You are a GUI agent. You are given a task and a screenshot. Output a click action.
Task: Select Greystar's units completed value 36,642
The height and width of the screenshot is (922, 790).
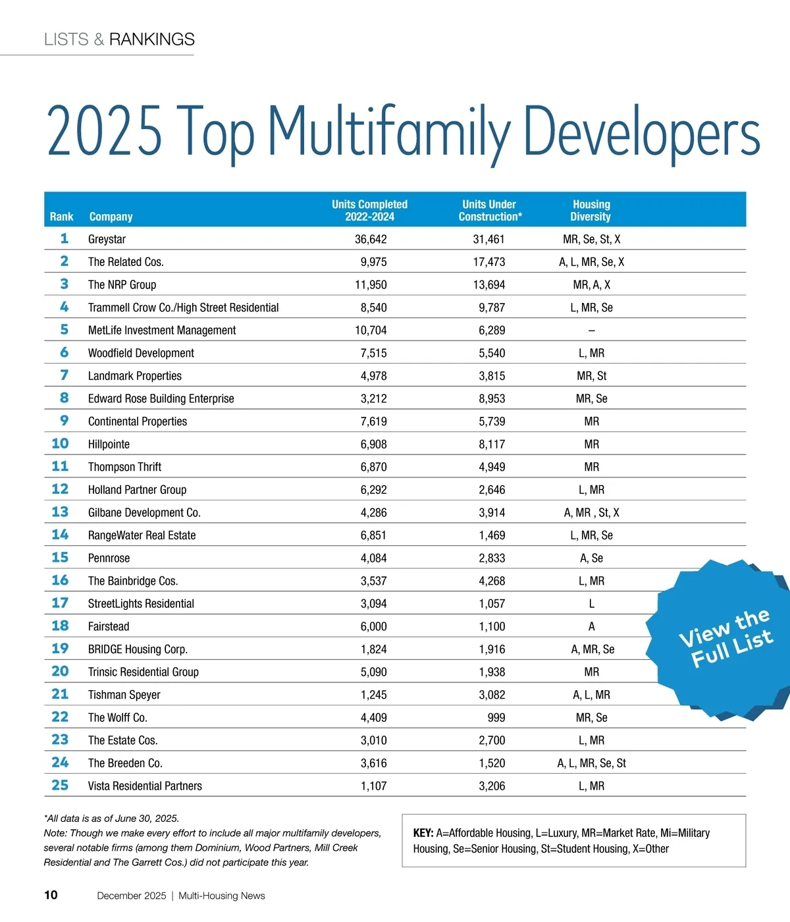click(x=371, y=239)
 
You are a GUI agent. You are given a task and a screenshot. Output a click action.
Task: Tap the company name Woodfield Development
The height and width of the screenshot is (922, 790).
click(x=141, y=353)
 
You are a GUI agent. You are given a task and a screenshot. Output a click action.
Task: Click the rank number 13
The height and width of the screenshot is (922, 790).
click(x=60, y=512)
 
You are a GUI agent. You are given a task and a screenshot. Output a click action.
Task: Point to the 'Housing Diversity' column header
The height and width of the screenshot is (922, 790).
click(x=591, y=210)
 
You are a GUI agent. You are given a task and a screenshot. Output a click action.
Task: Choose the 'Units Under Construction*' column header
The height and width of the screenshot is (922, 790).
click(x=489, y=210)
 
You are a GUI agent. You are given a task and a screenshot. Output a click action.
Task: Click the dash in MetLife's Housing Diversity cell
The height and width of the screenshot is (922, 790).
click(x=591, y=331)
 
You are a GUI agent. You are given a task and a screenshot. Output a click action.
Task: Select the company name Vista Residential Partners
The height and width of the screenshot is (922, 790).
click(x=145, y=786)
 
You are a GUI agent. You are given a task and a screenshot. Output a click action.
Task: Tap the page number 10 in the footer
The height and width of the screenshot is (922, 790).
click(x=51, y=895)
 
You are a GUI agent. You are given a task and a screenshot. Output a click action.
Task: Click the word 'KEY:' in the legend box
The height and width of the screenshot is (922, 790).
click(x=423, y=833)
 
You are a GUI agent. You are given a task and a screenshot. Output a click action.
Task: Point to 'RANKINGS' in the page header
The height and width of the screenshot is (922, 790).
click(x=151, y=40)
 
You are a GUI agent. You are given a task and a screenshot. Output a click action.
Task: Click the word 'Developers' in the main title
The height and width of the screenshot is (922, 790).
click(x=642, y=132)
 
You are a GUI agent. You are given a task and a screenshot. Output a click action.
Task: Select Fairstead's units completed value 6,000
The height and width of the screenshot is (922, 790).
click(x=373, y=626)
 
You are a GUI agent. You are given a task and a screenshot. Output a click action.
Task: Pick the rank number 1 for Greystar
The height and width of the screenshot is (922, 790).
click(x=64, y=238)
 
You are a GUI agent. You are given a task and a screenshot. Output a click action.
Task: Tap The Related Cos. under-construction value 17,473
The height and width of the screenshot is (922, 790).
click(x=489, y=262)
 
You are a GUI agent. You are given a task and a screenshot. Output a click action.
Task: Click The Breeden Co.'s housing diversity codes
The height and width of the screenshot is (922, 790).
click(x=591, y=763)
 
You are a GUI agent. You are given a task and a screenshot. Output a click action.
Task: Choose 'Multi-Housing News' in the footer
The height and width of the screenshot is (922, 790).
click(x=222, y=896)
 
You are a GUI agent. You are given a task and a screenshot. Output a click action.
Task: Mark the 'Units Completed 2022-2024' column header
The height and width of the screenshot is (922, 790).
click(x=369, y=210)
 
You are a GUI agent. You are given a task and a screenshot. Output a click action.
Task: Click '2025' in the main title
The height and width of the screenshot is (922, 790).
click(x=104, y=132)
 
